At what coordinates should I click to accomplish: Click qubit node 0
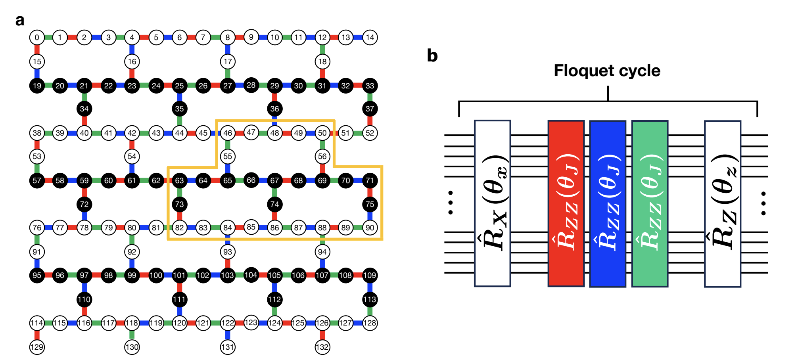[x=37, y=38]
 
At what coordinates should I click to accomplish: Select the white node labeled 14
[x=370, y=38]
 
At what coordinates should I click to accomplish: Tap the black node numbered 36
[x=274, y=109]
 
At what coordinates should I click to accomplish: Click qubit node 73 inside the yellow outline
[x=179, y=204]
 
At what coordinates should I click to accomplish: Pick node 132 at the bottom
[x=322, y=347]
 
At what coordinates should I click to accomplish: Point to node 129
[x=37, y=347]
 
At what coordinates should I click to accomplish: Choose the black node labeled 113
[x=370, y=299]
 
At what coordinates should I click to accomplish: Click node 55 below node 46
[x=227, y=156]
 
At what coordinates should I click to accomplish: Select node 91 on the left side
[x=37, y=252]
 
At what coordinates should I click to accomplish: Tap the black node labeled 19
[x=37, y=86]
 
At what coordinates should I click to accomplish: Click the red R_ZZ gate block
[x=566, y=203]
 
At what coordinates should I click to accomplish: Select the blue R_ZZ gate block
[x=608, y=203]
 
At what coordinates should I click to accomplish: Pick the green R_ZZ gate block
[x=650, y=203]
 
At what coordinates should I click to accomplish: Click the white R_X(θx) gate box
[x=492, y=203]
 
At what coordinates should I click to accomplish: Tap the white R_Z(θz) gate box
[x=722, y=203]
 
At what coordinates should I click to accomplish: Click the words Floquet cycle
[x=607, y=71]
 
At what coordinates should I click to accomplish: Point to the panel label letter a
[x=20, y=20]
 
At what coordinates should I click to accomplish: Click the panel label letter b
[x=432, y=56]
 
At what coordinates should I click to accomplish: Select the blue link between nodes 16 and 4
[x=132, y=50]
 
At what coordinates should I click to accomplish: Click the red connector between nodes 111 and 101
[x=179, y=287]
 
